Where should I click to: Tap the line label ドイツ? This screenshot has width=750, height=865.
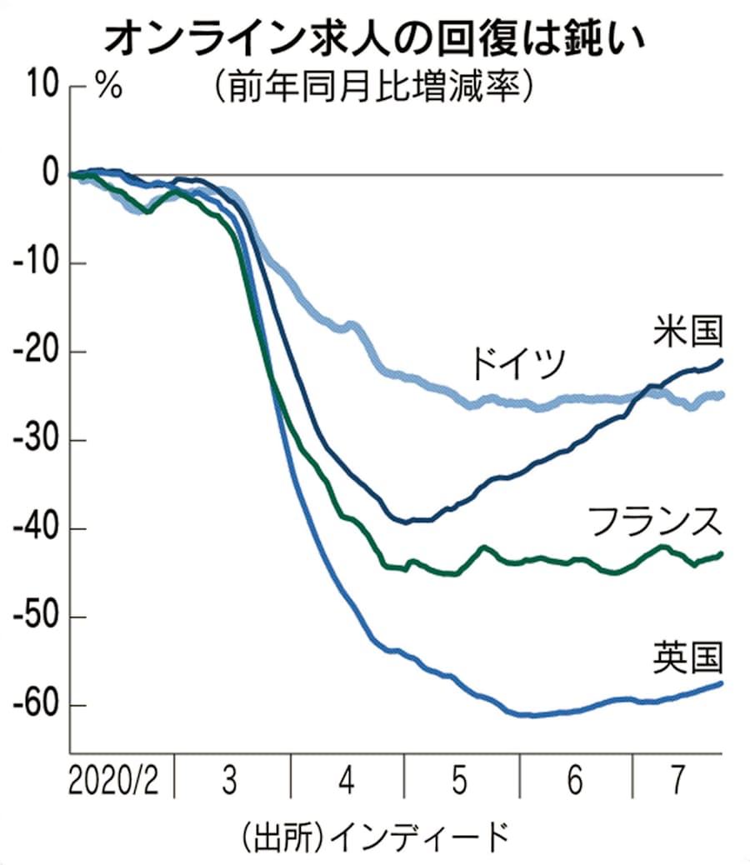click(517, 363)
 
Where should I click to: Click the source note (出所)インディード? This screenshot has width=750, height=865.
click(372, 834)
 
